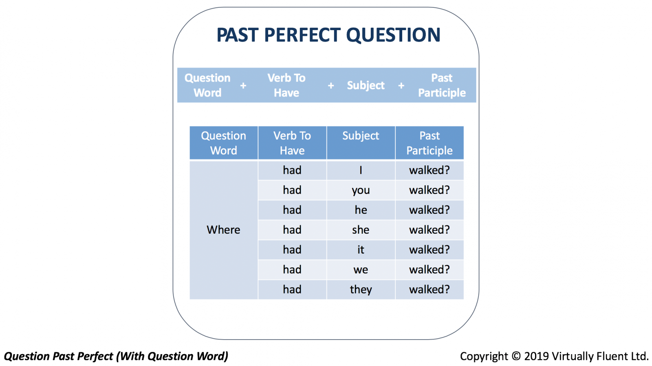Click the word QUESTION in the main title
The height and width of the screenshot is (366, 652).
(x=393, y=35)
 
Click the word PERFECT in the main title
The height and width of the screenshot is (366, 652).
(x=302, y=35)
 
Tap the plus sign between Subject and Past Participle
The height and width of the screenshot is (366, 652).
(x=401, y=85)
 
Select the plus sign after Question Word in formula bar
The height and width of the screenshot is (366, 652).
(x=243, y=85)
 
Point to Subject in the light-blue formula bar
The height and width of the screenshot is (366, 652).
(x=366, y=85)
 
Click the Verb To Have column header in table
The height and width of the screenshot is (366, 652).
(x=292, y=143)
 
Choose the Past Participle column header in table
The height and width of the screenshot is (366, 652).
(x=430, y=143)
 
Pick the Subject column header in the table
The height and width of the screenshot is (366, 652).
(x=361, y=143)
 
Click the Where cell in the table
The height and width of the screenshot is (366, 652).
(x=224, y=230)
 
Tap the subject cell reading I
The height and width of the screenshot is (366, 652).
(x=361, y=170)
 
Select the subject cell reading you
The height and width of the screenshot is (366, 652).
(x=361, y=190)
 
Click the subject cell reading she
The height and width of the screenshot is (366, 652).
(x=361, y=230)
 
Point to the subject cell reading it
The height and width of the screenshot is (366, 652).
(x=361, y=250)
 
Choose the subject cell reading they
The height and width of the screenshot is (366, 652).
(x=361, y=289)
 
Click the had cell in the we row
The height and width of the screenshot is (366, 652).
(x=292, y=270)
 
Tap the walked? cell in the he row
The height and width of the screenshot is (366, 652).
(x=430, y=210)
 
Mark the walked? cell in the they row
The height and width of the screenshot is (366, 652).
(x=430, y=289)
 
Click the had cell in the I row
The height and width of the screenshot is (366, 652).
(x=292, y=170)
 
